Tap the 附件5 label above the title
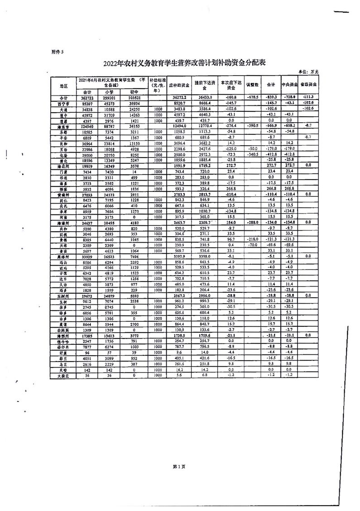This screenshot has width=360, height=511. (58, 52)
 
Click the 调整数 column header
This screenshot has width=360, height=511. (252, 85)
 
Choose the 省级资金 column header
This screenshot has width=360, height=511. (308, 85)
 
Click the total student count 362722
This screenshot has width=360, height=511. (86, 97)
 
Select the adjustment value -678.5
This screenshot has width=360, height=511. (252, 97)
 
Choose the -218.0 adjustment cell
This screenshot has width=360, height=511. (252, 240)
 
